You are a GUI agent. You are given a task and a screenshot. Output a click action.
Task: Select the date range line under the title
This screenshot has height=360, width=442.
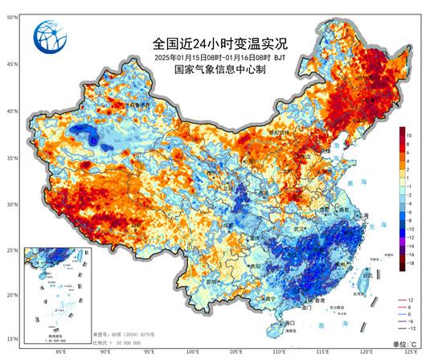pyautogui.click(x=219, y=58)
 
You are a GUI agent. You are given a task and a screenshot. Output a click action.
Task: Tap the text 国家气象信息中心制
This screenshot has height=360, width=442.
pyautogui.click(x=219, y=70)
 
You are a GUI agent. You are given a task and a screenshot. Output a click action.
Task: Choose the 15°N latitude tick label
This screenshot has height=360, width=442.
pyautogui.click(x=14, y=338)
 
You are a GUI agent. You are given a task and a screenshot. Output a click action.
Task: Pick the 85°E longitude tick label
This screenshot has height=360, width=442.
pyautogui.click(x=61, y=351)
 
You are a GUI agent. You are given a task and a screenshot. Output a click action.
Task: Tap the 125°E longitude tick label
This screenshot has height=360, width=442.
pyautogui.click(x=410, y=351)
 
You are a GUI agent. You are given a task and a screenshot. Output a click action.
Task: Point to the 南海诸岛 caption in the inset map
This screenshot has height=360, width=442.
pyautogui.click(x=44, y=337)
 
